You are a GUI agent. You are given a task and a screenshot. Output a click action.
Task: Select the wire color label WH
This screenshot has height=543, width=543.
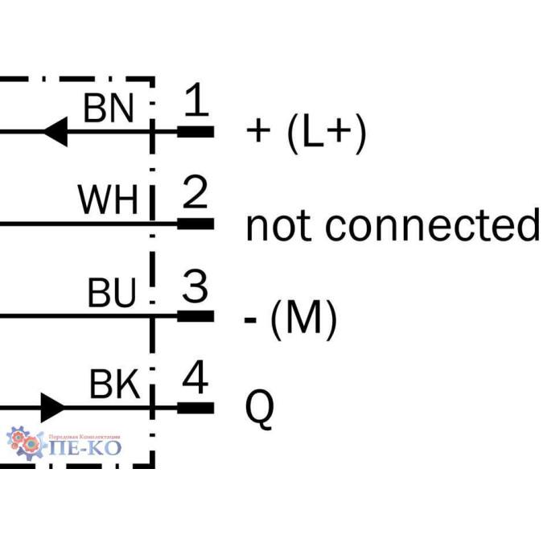point(108,200)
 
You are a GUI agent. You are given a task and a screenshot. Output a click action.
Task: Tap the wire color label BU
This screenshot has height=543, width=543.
point(112,295)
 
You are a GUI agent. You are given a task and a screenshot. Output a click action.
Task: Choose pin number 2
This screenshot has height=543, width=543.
point(195,194)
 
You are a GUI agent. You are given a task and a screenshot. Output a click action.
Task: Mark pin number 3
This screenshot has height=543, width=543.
point(195,287)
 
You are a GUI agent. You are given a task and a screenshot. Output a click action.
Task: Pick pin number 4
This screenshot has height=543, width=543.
point(195,378)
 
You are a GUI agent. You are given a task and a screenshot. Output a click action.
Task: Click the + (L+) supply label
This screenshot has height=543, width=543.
point(306,133)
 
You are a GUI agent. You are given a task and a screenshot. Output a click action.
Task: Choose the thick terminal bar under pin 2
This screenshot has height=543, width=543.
point(195,223)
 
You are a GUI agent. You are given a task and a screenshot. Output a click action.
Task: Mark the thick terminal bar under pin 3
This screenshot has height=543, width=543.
point(195,315)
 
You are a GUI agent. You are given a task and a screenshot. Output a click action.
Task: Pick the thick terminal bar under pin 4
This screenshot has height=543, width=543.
point(195,407)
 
